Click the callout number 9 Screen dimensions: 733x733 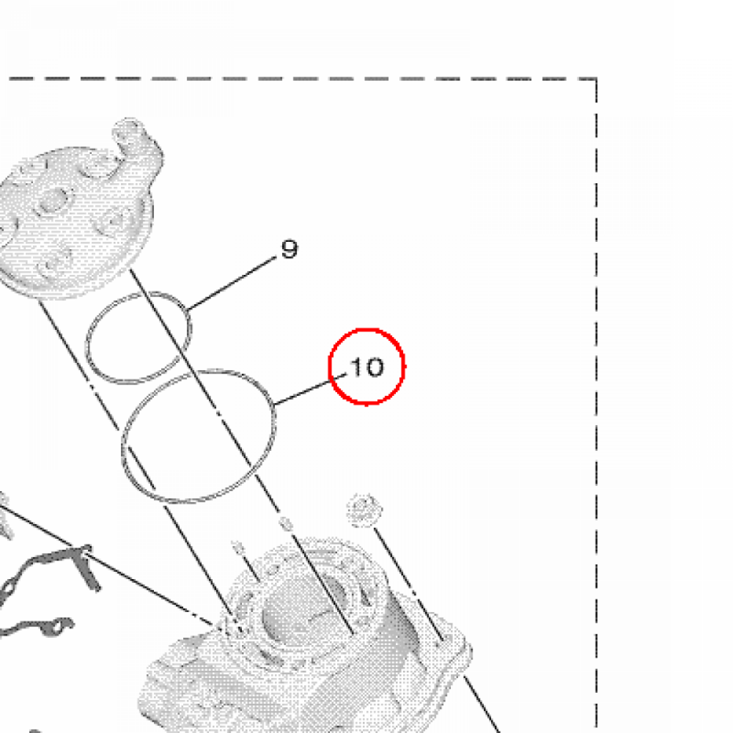[289, 249]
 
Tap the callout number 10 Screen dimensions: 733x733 [367, 366]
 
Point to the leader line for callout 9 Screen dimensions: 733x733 [231, 283]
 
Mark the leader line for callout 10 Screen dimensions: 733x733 [311, 389]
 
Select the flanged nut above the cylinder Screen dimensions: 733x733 [364, 510]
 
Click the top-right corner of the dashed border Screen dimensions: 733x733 [596, 79]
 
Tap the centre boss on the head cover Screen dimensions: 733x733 [54, 202]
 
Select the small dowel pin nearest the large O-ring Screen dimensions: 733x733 [285, 523]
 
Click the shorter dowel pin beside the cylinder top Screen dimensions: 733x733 [238, 547]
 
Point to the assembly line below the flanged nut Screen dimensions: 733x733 [409, 584]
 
